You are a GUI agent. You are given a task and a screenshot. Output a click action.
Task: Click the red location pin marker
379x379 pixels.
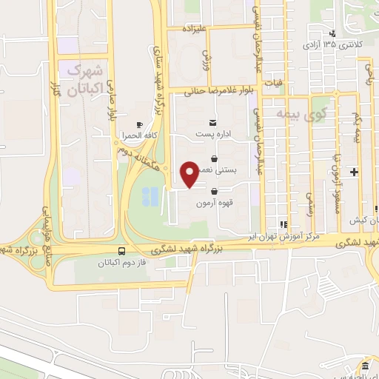[189, 174]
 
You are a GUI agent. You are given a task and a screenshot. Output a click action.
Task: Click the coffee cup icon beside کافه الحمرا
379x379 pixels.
[139, 124]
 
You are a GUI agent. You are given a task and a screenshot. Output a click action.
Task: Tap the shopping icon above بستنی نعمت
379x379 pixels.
[214, 158]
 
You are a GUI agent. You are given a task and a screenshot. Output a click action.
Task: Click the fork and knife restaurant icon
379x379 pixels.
[282, 224]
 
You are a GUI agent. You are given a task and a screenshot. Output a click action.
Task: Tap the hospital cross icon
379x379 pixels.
[355, 172]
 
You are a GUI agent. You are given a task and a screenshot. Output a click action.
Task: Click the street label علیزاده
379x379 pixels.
[198, 29]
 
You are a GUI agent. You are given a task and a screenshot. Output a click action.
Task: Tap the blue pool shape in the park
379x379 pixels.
[150, 195]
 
